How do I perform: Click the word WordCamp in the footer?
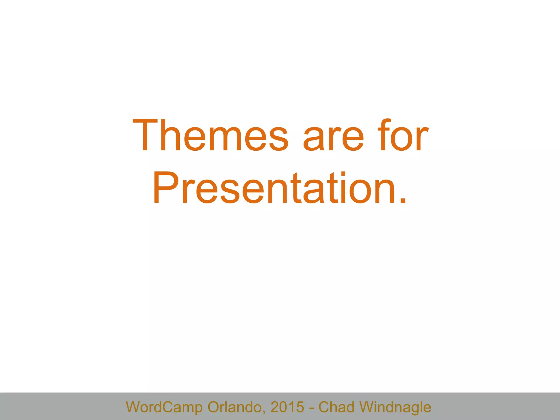pyautogui.click(x=164, y=407)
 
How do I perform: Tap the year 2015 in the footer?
pyautogui.click(x=287, y=407)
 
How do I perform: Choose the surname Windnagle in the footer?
pyautogui.click(x=395, y=407)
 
